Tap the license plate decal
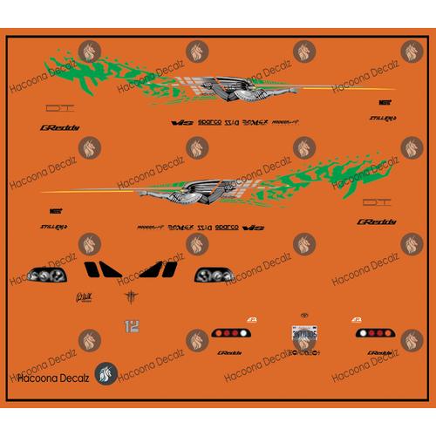(303, 332)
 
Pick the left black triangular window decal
(108, 270)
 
